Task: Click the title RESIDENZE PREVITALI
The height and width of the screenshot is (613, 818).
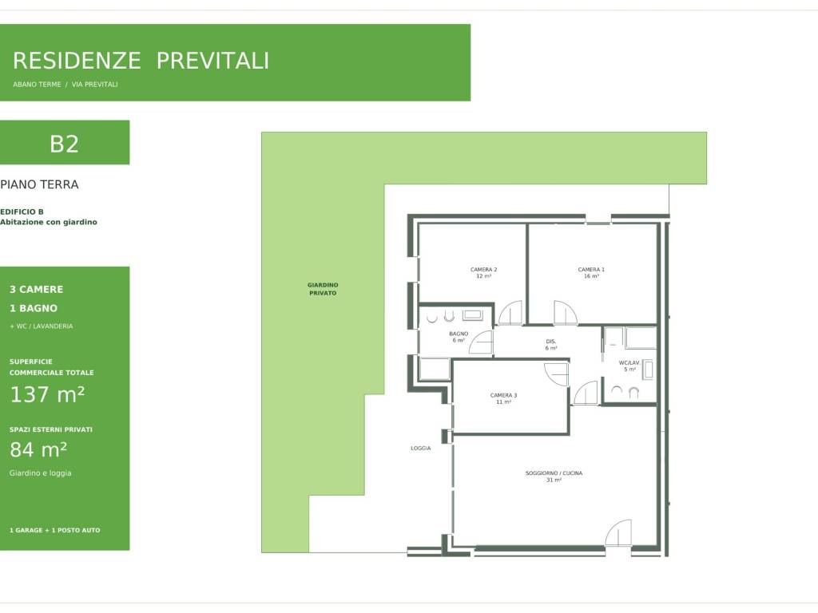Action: pyautogui.click(x=141, y=61)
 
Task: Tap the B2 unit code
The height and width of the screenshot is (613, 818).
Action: pyautogui.click(x=64, y=144)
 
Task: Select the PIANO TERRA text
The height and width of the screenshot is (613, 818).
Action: pyautogui.click(x=39, y=184)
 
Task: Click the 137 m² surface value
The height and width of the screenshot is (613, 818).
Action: pyautogui.click(x=47, y=394)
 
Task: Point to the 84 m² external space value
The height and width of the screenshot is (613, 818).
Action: pyautogui.click(x=38, y=449)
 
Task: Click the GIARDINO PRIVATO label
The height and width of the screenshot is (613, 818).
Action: pyautogui.click(x=323, y=289)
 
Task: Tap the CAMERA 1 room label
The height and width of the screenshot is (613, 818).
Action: pyautogui.click(x=591, y=273)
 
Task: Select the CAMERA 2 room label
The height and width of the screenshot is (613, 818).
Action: pyautogui.click(x=483, y=273)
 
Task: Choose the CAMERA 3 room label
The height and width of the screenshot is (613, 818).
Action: pyautogui.click(x=503, y=398)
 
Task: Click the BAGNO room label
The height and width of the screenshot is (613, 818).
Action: pyautogui.click(x=459, y=337)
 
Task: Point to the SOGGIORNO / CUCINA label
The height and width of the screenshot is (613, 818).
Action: pyautogui.click(x=554, y=477)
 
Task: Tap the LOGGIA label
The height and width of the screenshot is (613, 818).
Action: pyautogui.click(x=420, y=449)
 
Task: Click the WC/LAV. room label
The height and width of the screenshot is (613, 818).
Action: pyautogui.click(x=629, y=366)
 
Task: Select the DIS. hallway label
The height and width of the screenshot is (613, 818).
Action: pyautogui.click(x=551, y=345)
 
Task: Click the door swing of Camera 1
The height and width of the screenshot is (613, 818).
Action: pyautogui.click(x=566, y=313)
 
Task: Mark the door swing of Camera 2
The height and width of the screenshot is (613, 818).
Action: pyautogui.click(x=510, y=313)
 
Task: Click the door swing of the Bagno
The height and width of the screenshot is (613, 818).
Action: pyautogui.click(x=481, y=342)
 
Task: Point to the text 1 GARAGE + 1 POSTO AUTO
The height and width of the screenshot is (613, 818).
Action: pyautogui.click(x=55, y=530)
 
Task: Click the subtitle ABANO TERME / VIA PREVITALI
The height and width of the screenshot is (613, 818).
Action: pyautogui.click(x=66, y=85)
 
